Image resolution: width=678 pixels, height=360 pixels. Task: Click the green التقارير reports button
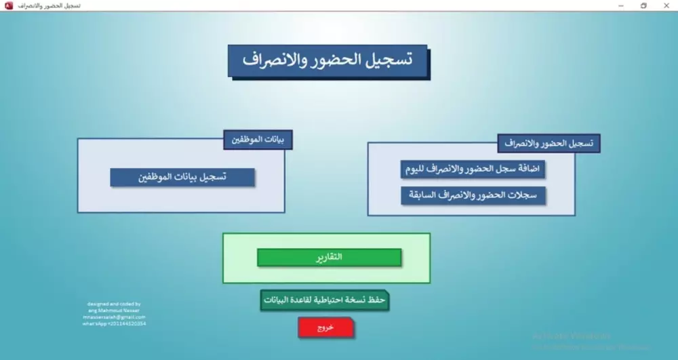[330, 258]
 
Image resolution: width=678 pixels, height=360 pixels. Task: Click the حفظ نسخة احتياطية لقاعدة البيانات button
[325, 299]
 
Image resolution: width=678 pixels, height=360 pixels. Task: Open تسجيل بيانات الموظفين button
[182, 177]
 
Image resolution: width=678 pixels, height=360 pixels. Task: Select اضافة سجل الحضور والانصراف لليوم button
[473, 169]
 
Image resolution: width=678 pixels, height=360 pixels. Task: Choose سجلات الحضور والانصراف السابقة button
[473, 195]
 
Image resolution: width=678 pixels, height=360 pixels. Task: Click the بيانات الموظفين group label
[254, 140]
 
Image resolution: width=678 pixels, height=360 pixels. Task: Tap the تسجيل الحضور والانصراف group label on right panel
[549, 143]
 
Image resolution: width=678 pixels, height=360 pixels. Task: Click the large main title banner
[327, 60]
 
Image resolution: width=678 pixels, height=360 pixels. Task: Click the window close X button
[666, 5]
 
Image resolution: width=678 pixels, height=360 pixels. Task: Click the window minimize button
[620, 5]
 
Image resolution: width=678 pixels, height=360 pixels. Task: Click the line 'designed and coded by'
[114, 304]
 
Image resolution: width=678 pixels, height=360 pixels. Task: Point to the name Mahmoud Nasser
[117, 311]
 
